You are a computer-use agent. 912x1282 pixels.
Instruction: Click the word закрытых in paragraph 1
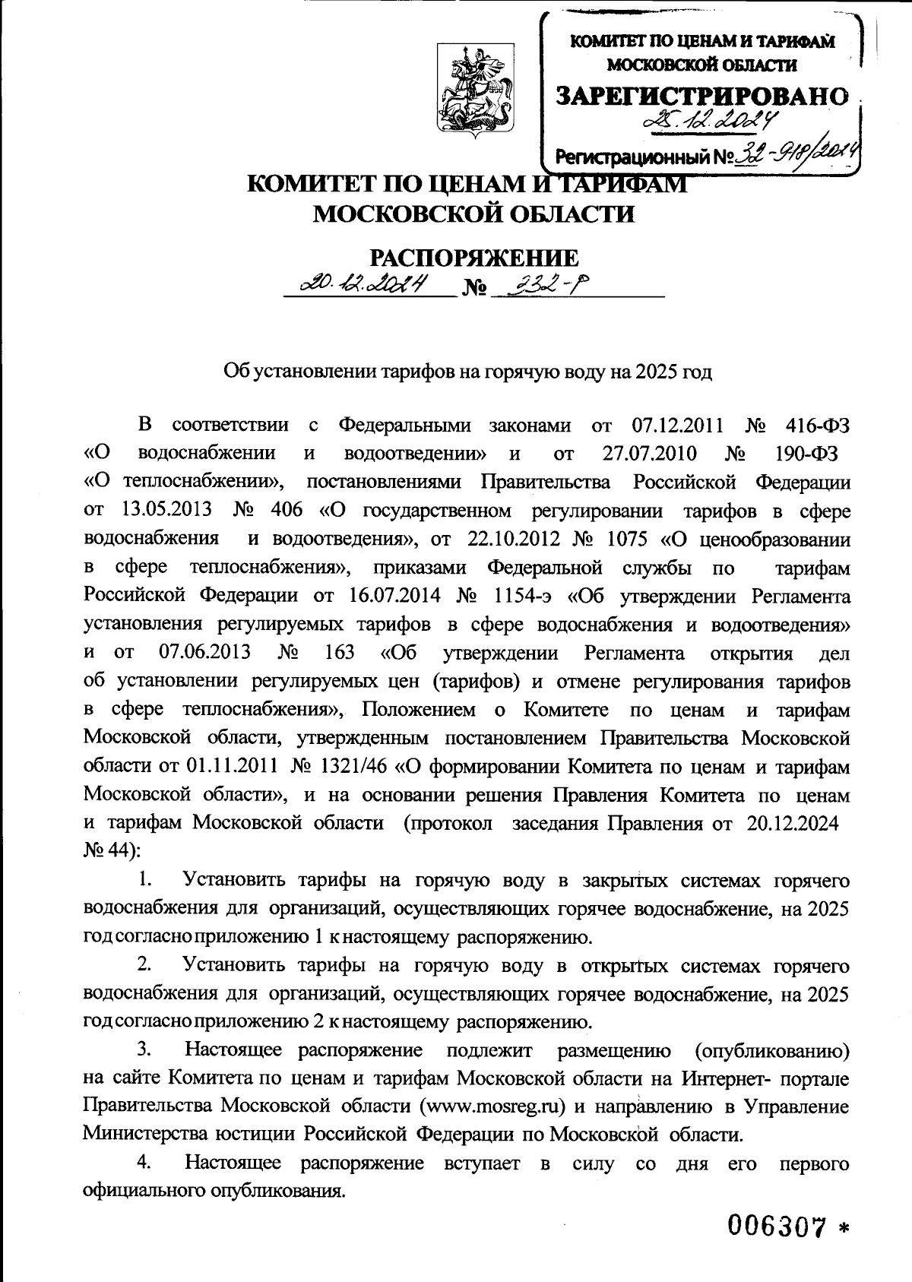[625, 882]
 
